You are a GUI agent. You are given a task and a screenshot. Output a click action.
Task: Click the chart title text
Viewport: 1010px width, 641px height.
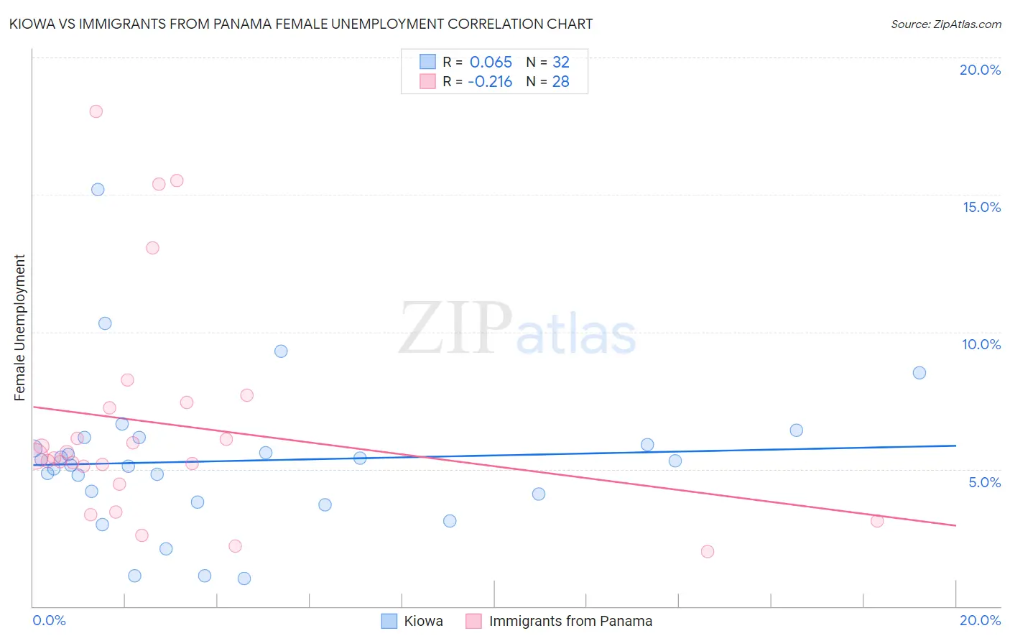tap(301, 24)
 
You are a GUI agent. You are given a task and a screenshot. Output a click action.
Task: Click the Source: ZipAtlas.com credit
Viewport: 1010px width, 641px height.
tap(945, 24)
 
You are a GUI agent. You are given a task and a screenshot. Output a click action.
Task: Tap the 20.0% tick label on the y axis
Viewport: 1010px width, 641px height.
tap(980, 70)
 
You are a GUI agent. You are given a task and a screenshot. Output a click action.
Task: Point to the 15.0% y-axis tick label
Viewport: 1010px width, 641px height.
tap(981, 207)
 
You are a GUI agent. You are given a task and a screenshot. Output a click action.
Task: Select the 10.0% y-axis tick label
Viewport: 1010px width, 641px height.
tap(981, 344)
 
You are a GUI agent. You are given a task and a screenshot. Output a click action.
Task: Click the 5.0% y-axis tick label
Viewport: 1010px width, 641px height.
tap(984, 482)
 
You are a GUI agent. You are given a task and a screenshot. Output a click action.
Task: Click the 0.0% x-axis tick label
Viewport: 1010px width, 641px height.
tap(50, 620)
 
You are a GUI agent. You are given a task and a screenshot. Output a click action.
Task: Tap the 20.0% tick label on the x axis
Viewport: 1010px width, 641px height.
tap(980, 620)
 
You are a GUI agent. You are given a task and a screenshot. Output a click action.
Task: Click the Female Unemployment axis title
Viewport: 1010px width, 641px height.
tap(19, 327)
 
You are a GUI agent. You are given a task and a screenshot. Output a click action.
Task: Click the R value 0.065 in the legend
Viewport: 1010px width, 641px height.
tap(491, 63)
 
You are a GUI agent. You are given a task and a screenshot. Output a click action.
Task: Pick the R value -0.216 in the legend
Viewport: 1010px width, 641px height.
tap(490, 82)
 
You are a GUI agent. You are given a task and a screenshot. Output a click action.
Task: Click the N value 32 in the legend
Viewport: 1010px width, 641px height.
tap(560, 63)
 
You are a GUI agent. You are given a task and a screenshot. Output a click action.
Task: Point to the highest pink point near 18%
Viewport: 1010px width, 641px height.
tap(96, 111)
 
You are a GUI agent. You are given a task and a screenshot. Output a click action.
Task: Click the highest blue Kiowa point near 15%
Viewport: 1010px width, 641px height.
tap(98, 190)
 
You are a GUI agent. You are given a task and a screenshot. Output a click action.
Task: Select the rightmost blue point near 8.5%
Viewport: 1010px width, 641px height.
tap(919, 373)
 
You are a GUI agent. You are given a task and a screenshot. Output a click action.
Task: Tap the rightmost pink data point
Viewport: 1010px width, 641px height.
tap(877, 521)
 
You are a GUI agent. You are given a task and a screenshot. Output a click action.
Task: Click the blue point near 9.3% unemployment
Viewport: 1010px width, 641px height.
tap(281, 351)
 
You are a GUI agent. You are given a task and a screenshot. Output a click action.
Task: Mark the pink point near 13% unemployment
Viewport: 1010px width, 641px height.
tap(152, 248)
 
